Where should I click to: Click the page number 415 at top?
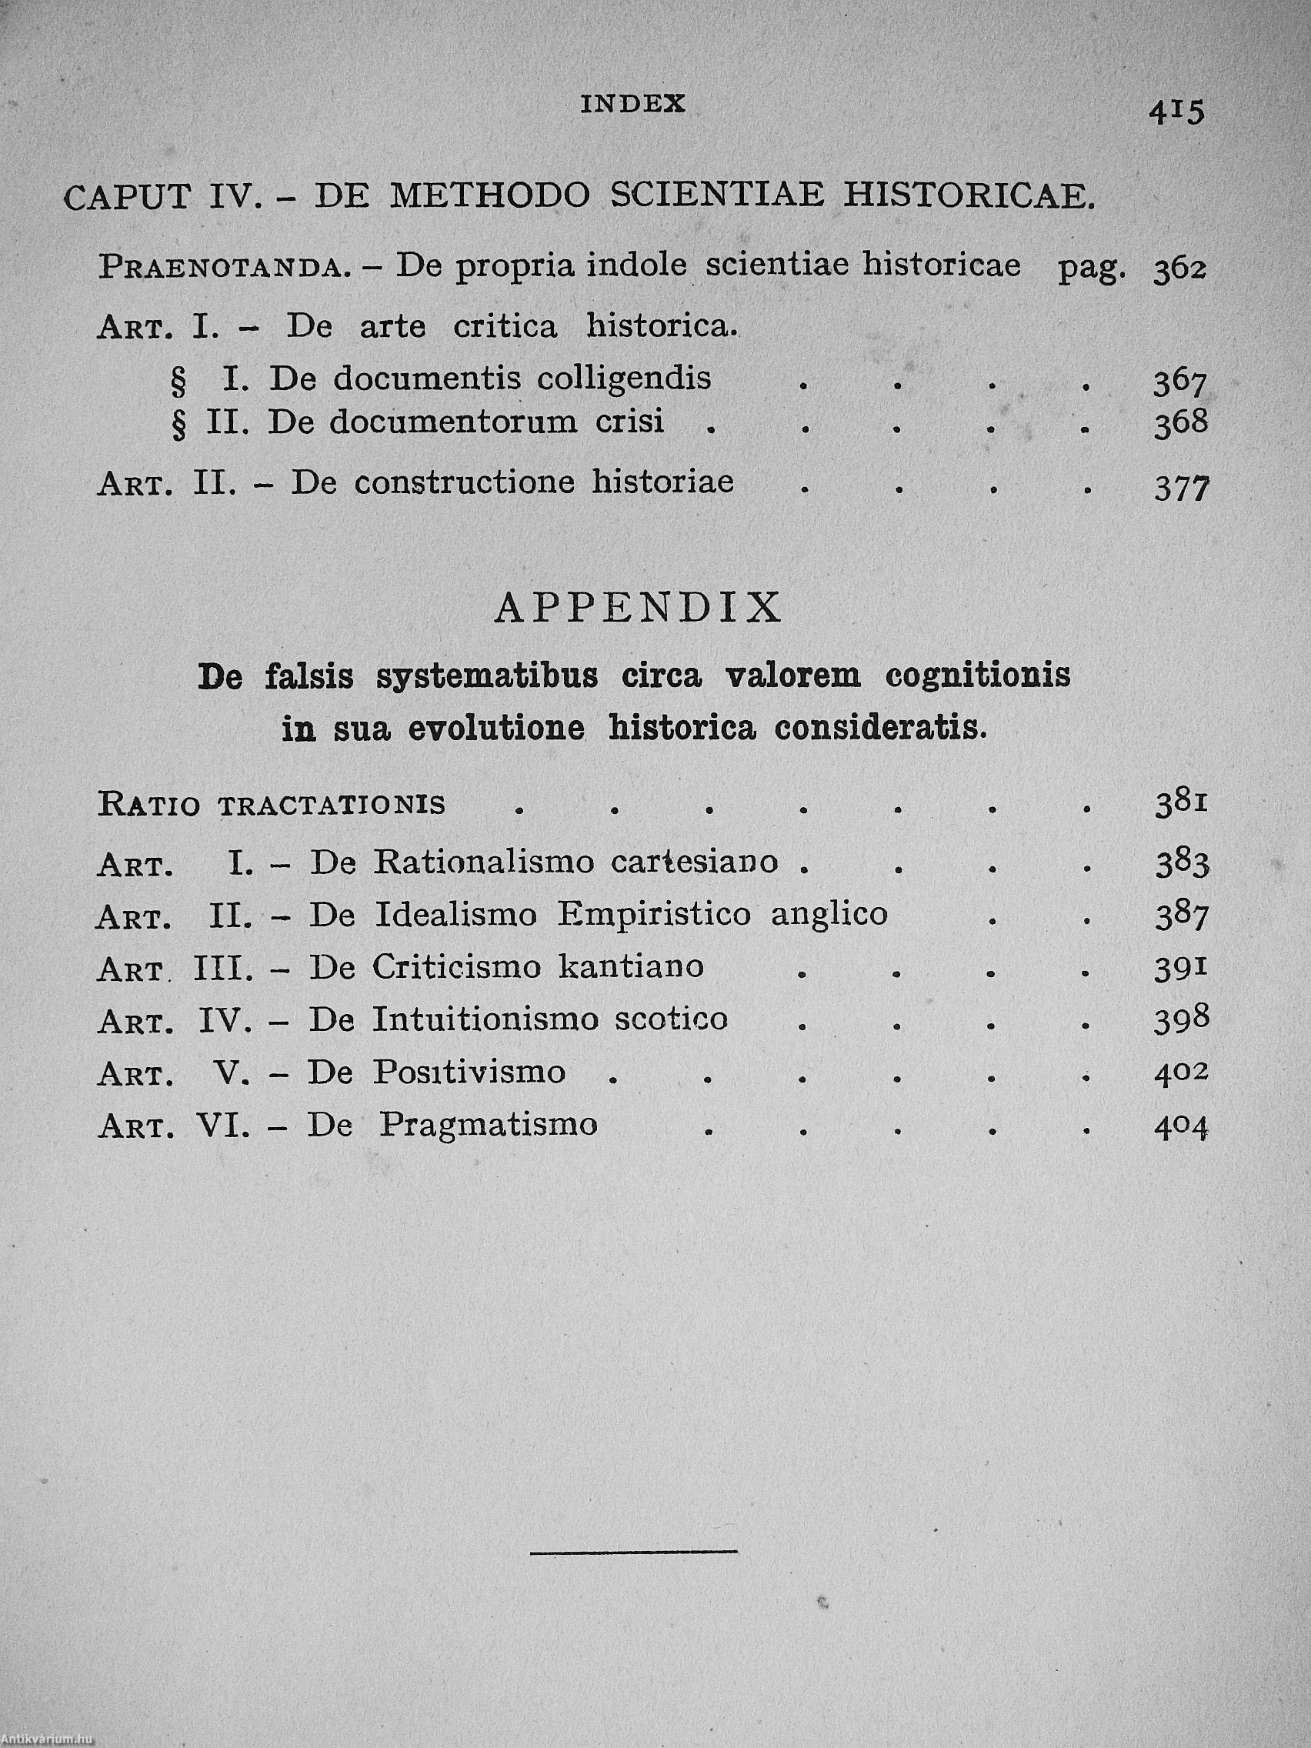click(x=1176, y=112)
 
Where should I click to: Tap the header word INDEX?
click(x=633, y=105)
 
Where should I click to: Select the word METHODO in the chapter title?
click(x=490, y=196)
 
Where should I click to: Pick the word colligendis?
click(x=624, y=379)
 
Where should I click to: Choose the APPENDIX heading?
click(x=639, y=608)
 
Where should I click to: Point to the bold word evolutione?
click(x=496, y=729)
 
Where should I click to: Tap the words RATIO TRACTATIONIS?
click(x=271, y=806)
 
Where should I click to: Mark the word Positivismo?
click(x=469, y=1072)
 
